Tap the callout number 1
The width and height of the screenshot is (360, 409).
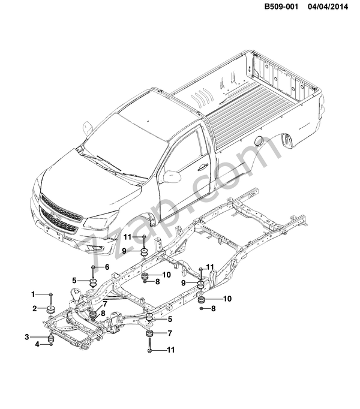[34, 294]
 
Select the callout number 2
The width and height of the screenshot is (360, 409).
[34, 308]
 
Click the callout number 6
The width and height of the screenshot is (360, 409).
[107, 266]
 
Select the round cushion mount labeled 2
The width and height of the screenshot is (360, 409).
[51, 309]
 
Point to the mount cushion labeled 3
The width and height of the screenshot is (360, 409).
[52, 338]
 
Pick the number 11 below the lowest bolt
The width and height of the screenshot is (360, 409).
[170, 350]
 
